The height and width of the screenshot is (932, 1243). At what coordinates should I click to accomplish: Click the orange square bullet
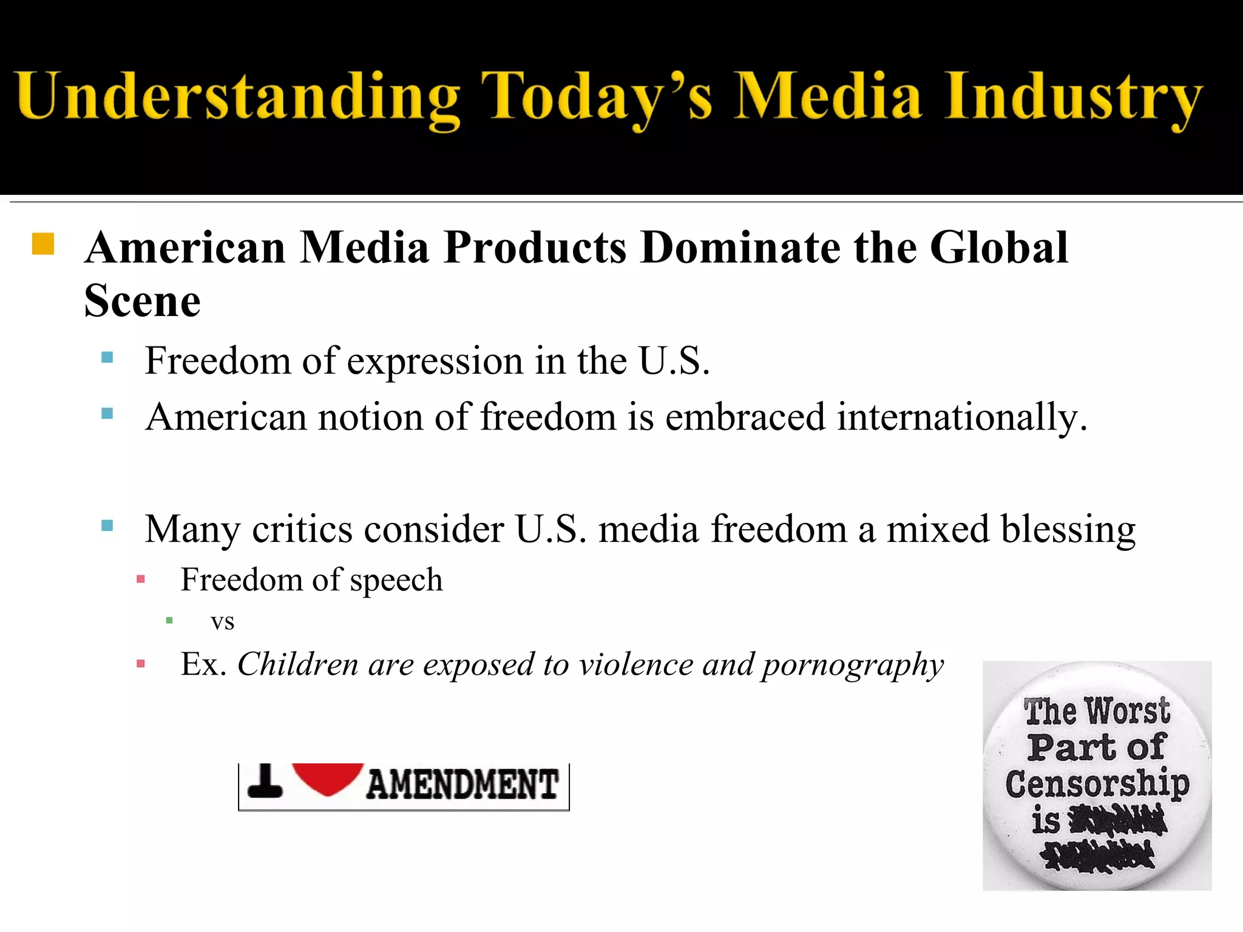(43, 244)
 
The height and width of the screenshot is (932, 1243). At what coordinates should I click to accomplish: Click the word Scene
(142, 301)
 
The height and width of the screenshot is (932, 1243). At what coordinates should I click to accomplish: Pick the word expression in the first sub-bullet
(435, 361)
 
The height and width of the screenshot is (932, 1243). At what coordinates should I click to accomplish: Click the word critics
(302, 529)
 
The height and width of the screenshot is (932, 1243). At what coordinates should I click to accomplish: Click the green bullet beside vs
(169, 620)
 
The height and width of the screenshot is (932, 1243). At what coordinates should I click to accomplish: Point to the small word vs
(222, 621)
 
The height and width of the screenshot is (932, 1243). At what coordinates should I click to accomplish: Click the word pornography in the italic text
(853, 665)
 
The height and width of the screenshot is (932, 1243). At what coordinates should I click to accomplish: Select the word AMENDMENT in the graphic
(462, 784)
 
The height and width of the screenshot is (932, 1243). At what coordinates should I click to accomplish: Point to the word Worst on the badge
(1127, 711)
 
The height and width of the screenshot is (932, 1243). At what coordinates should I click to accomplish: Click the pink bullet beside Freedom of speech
(141, 579)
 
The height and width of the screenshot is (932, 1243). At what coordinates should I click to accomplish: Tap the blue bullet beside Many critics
(107, 525)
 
